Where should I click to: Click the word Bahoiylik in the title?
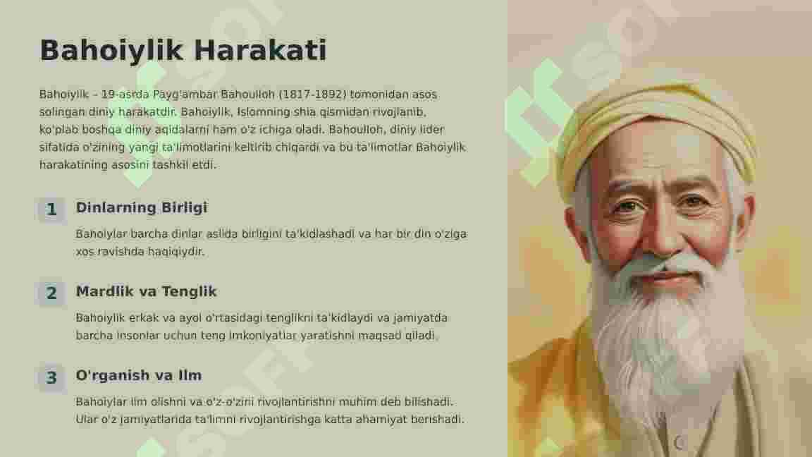(x=111, y=51)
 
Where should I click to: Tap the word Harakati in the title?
(x=260, y=50)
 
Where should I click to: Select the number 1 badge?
(x=51, y=209)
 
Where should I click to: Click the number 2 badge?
(x=51, y=293)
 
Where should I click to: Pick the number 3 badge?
(x=51, y=377)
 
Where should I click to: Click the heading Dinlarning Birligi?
(x=142, y=208)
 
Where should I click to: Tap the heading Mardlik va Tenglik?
(x=146, y=291)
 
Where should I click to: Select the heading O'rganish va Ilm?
(x=138, y=375)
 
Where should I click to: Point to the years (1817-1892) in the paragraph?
(x=312, y=95)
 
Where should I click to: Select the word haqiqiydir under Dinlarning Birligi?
(x=176, y=252)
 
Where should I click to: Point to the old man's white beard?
(x=668, y=331)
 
